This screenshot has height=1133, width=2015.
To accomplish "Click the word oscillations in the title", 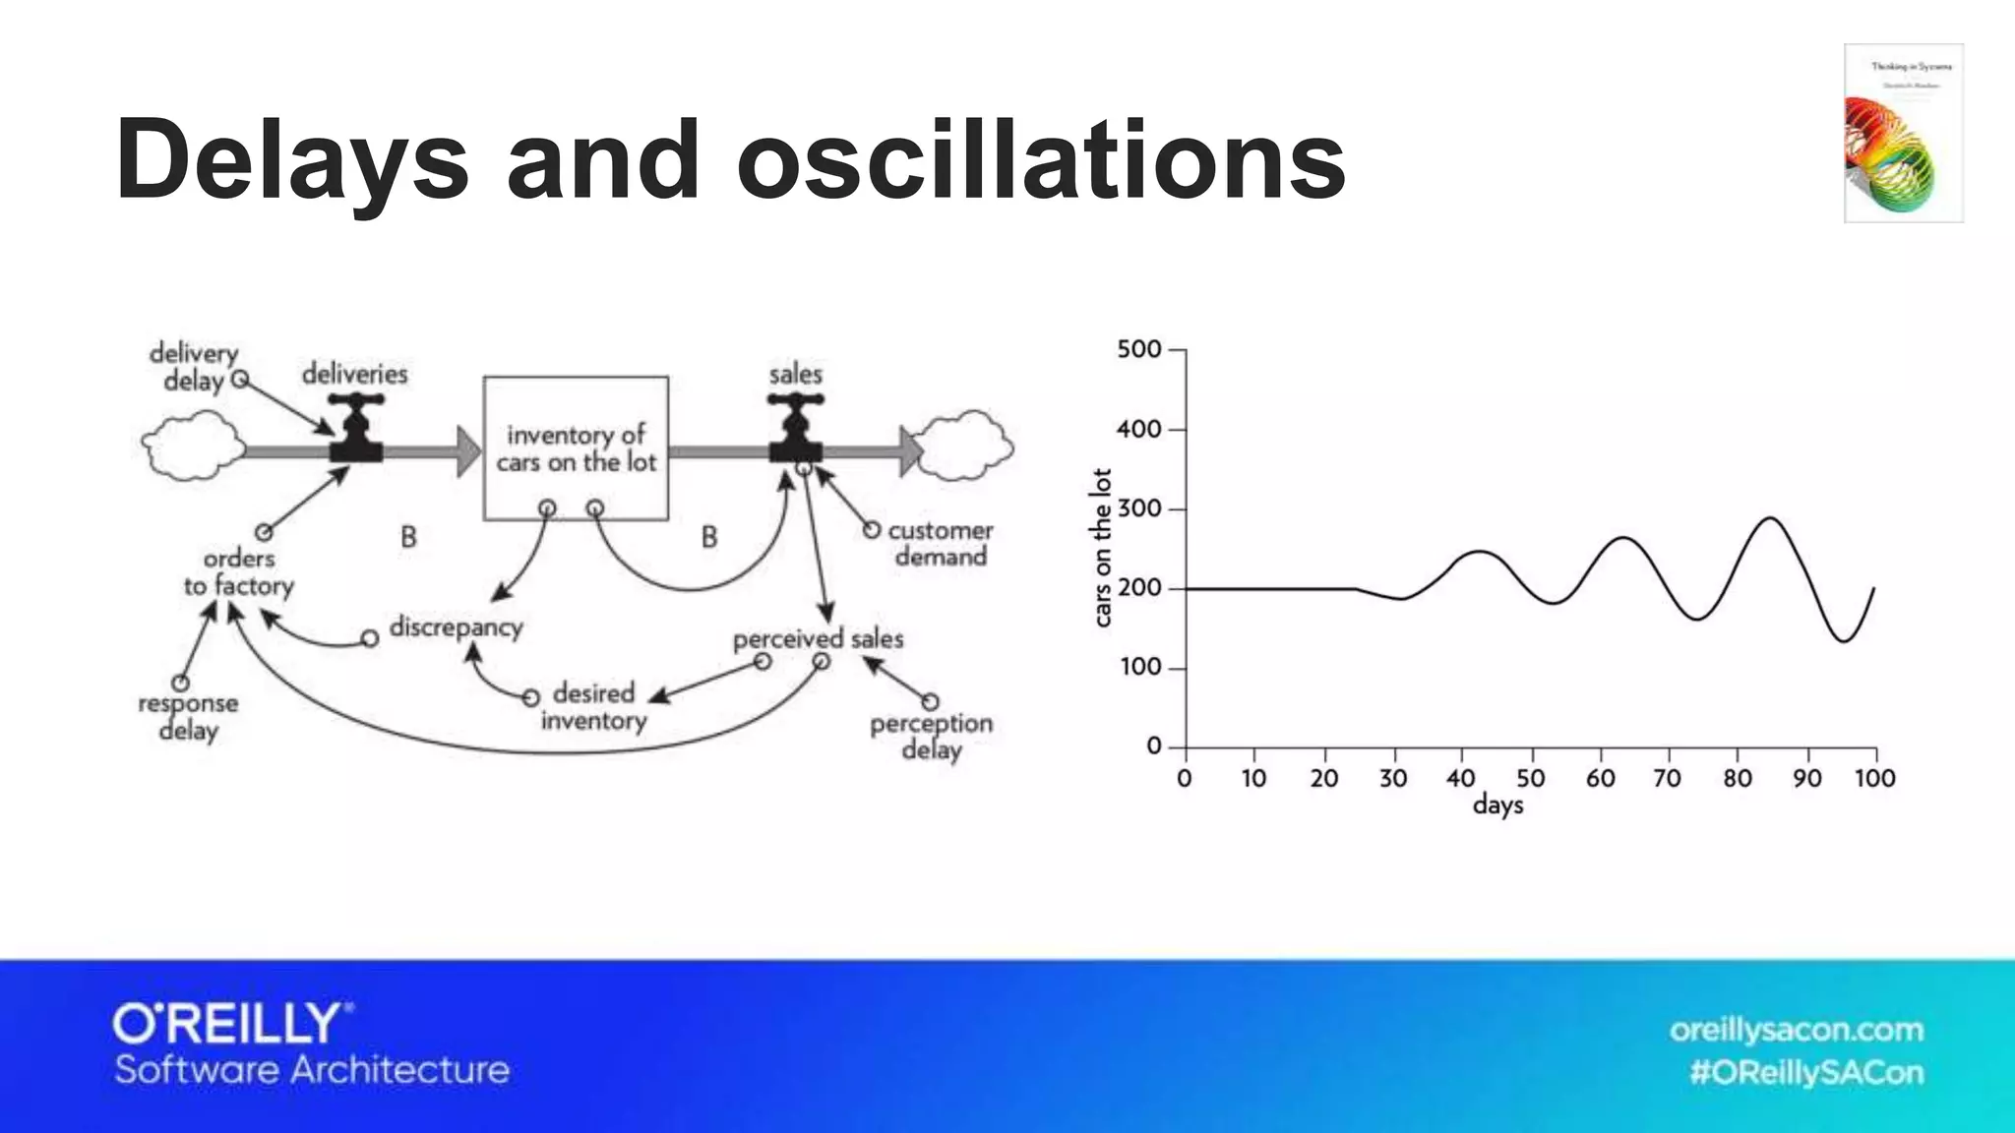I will (x=1040, y=159).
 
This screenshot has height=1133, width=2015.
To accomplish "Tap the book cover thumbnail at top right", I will (x=1903, y=133).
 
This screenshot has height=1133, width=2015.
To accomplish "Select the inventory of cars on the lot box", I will (x=576, y=447).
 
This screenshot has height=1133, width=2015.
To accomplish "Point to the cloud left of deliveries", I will (x=193, y=446).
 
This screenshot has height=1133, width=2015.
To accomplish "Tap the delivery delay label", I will (x=194, y=367).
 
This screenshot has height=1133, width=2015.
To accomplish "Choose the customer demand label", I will (x=940, y=544).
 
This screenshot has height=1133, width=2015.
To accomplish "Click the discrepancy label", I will (x=456, y=626).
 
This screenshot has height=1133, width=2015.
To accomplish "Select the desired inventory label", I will (x=593, y=707).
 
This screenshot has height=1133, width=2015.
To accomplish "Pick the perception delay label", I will (x=931, y=737).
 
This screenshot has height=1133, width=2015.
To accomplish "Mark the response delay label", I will (x=188, y=717).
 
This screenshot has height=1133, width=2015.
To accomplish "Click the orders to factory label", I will (x=239, y=572).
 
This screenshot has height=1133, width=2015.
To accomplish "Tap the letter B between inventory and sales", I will (x=709, y=537).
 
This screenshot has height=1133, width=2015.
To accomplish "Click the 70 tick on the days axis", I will (x=1667, y=778).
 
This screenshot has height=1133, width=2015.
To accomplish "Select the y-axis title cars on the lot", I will (x=1102, y=548).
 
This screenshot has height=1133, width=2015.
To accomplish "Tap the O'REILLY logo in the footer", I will (x=232, y=1024).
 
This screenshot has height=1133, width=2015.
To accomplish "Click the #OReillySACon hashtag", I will (x=1806, y=1072).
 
